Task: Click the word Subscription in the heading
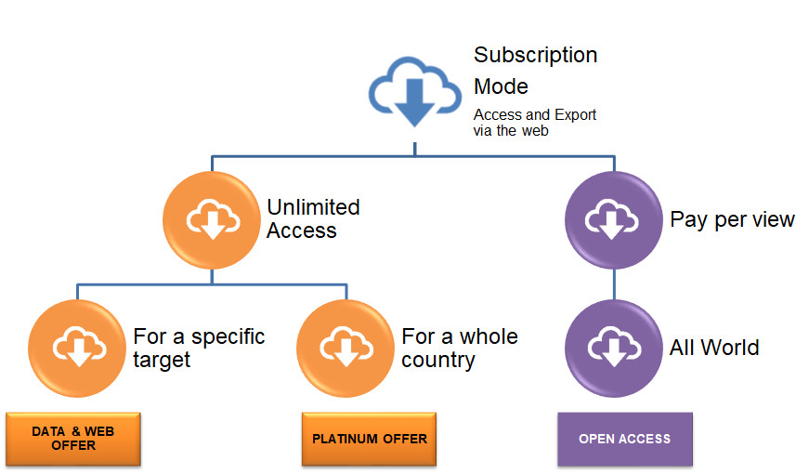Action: click(x=535, y=55)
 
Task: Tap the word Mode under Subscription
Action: click(x=501, y=86)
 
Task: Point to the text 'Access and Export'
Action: click(x=535, y=115)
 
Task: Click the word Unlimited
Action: click(x=313, y=207)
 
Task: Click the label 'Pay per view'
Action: click(x=732, y=220)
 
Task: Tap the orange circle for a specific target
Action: click(x=77, y=348)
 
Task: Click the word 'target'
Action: click(x=163, y=360)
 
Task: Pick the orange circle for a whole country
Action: click(x=346, y=348)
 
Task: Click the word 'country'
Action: click(x=438, y=360)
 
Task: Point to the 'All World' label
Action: click(x=714, y=348)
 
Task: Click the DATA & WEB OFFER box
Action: click(x=72, y=439)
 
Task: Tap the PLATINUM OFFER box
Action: click(x=370, y=439)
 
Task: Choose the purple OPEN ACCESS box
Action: click(x=624, y=439)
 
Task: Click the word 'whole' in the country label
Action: click(x=489, y=336)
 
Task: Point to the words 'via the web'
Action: click(x=511, y=131)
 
